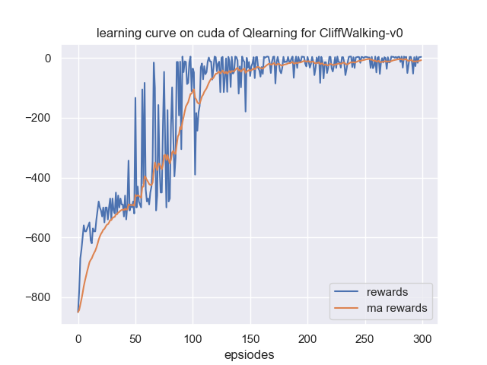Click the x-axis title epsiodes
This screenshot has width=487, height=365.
coord(250,354)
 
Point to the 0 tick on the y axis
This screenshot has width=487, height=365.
coord(48,59)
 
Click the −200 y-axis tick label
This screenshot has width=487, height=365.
coord(37,119)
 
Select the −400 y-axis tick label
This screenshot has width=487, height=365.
coord(37,179)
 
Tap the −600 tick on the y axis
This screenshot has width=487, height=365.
coord(37,238)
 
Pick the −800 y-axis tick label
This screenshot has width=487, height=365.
coord(37,298)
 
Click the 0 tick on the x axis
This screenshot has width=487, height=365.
coord(78,336)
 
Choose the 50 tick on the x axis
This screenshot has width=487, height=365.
coord(135,336)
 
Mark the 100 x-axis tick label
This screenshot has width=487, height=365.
coord(193,336)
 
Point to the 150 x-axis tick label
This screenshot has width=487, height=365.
coord(250,336)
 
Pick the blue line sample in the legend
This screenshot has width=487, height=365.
coord(348,292)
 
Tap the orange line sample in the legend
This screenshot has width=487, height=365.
coord(348,308)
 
